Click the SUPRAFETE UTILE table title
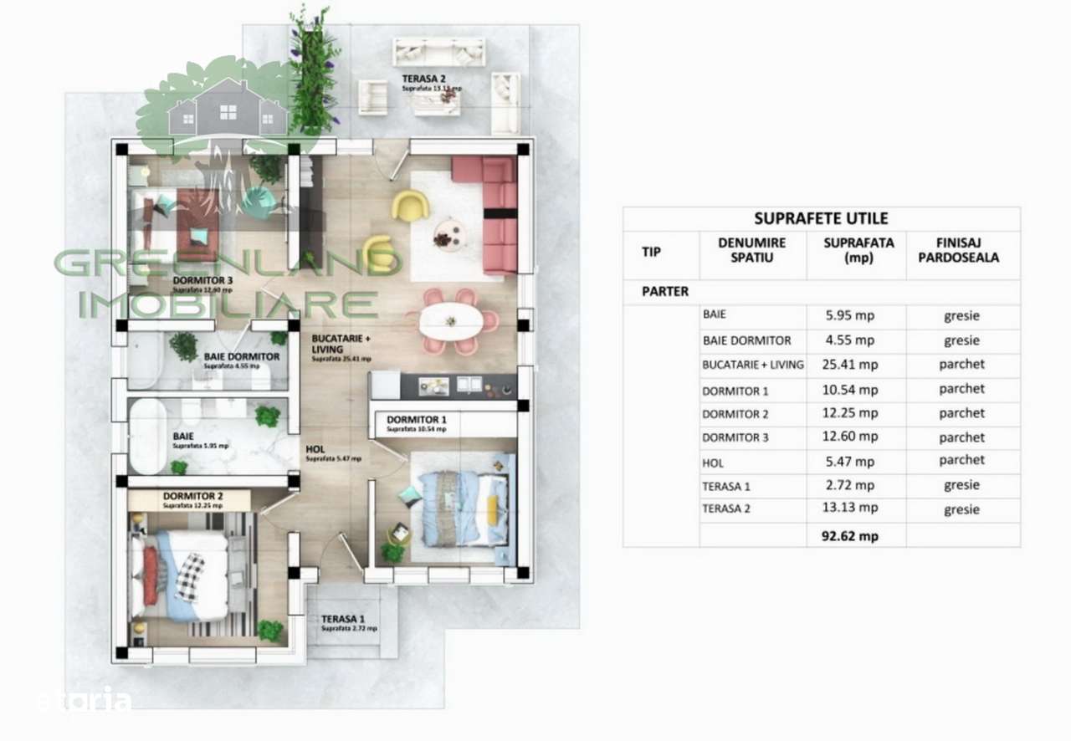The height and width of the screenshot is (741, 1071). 821,219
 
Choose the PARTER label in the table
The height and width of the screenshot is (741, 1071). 665,292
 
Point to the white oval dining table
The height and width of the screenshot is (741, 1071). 450,321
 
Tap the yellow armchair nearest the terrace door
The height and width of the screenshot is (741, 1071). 410,205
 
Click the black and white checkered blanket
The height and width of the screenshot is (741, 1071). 190,577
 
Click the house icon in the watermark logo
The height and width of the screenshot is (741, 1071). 226,109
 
